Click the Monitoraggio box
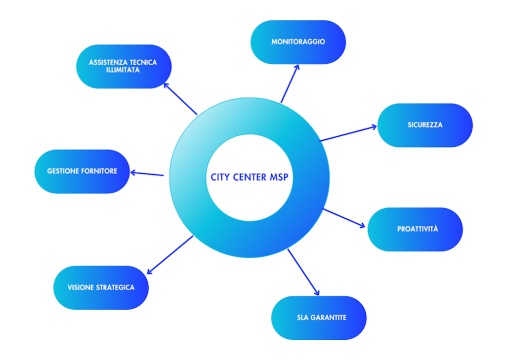point(298,42)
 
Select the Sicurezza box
point(425,125)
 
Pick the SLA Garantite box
point(319,318)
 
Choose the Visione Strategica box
point(101,287)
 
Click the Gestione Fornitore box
point(82,171)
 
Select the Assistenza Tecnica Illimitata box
point(124,66)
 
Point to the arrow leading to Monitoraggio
point(290,83)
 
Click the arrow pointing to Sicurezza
point(348,134)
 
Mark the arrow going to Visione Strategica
point(170,255)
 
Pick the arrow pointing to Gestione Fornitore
point(147,173)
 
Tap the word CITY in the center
point(220,177)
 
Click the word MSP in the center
point(278,177)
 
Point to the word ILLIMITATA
point(123,70)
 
